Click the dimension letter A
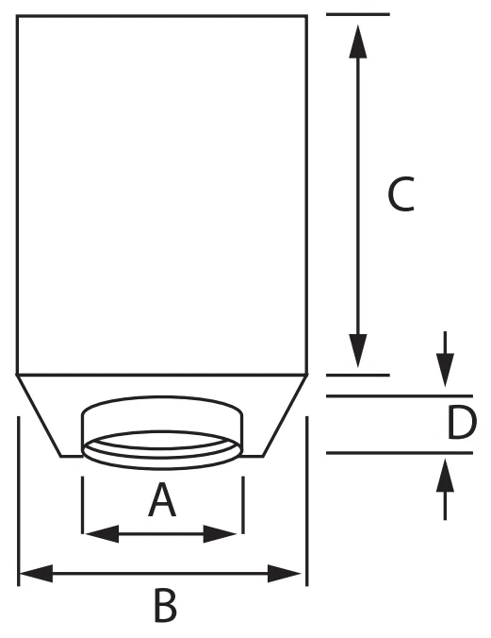162,499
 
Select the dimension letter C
401,194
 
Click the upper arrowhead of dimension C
358,42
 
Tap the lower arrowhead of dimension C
358,350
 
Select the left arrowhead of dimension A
103,534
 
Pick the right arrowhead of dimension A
220,534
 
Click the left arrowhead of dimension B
37,573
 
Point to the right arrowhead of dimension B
284,573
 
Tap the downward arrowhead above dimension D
446,370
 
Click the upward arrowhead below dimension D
446,476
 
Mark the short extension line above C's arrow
358,14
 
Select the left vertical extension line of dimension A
83,505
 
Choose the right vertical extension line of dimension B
307,501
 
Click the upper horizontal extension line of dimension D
400,395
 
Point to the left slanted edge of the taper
39,415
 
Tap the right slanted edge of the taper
285,415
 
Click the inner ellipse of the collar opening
162,440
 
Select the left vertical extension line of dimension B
19,501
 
